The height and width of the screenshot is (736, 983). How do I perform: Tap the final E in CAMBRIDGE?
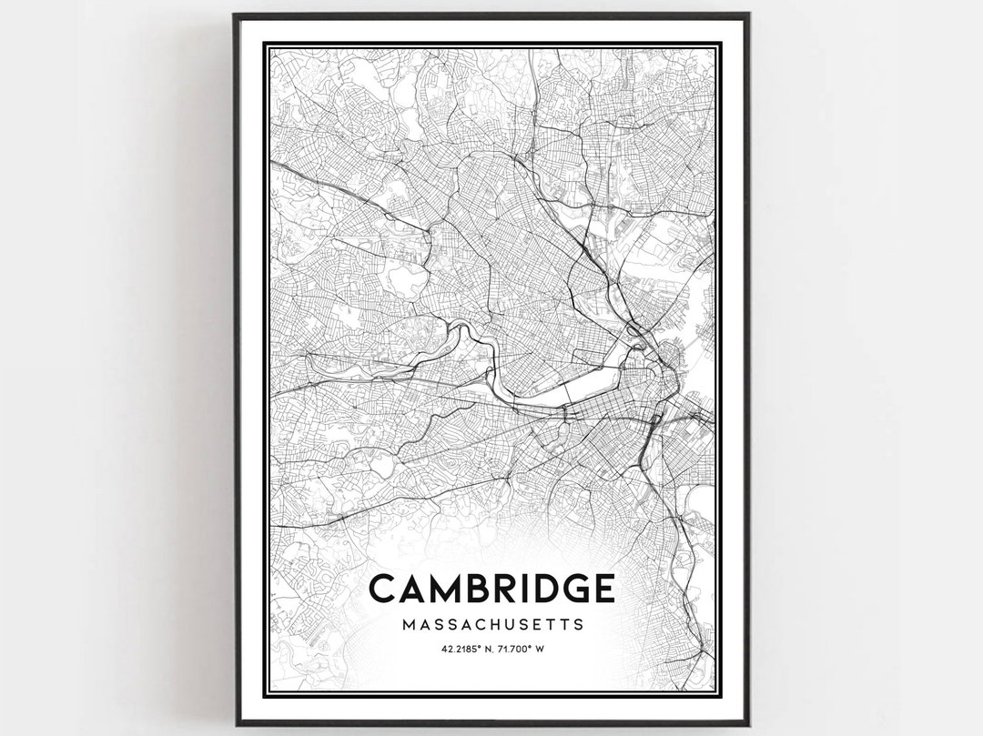click(602, 589)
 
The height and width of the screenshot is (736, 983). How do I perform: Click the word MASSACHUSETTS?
click(491, 625)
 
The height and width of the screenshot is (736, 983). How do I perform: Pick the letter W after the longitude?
click(541, 649)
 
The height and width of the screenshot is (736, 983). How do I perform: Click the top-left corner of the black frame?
click(235, 15)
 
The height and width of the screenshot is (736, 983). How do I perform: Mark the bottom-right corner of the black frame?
click(748, 724)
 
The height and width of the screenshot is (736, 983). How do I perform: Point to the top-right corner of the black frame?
click(748, 15)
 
